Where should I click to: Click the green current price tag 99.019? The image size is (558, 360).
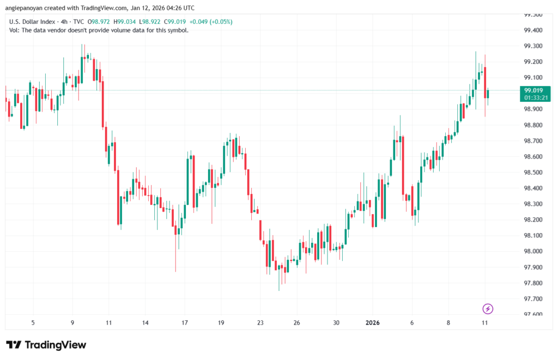(533, 90)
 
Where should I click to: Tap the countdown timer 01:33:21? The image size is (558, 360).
(533, 98)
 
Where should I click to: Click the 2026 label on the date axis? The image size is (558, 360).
(373, 322)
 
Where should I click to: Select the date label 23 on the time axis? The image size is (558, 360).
(260, 322)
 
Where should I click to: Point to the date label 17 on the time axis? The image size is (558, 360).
(185, 322)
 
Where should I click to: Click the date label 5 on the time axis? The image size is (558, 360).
(33, 322)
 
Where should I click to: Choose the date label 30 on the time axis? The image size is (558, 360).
(336, 322)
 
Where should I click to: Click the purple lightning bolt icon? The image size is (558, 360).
(488, 309)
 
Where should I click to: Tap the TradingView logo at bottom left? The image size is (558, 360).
(46, 345)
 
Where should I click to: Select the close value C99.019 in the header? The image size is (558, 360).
(177, 22)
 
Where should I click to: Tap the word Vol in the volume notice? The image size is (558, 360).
(15, 30)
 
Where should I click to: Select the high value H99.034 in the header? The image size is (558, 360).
(125, 22)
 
